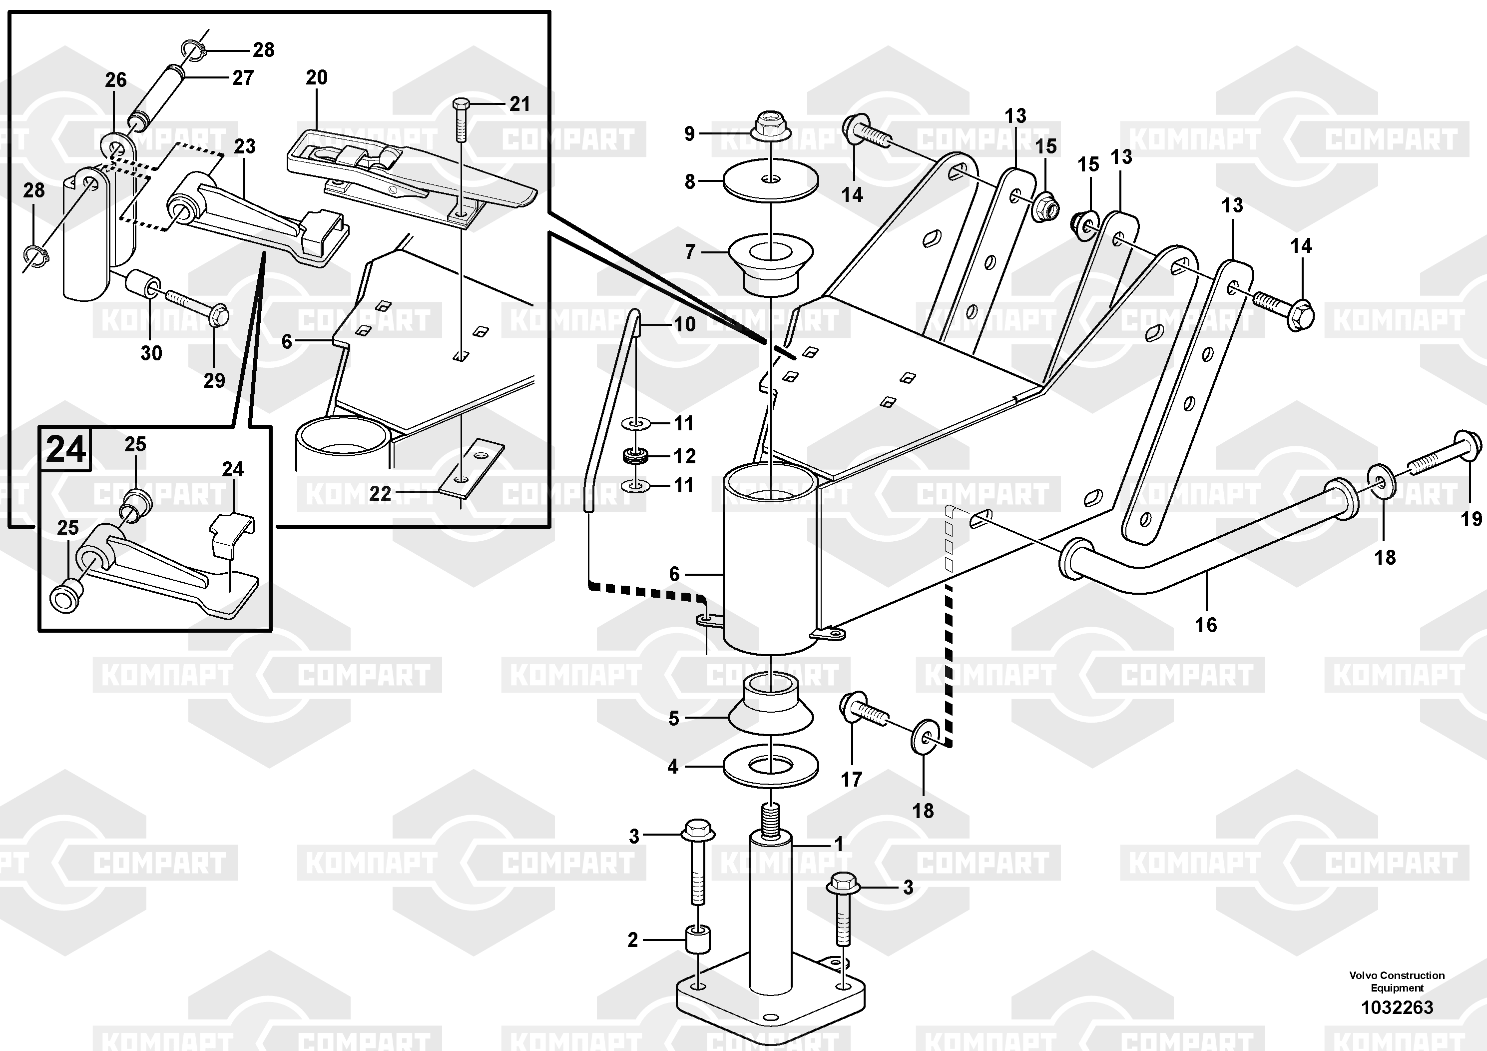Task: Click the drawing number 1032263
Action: point(1397,1008)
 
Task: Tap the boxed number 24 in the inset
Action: point(66,448)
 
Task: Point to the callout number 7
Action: point(690,251)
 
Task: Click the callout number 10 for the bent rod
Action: point(685,323)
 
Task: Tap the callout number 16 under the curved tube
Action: point(1206,625)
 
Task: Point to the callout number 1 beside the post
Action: point(838,844)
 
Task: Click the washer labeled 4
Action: point(771,766)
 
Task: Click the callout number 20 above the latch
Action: point(317,78)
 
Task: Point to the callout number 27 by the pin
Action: point(243,78)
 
